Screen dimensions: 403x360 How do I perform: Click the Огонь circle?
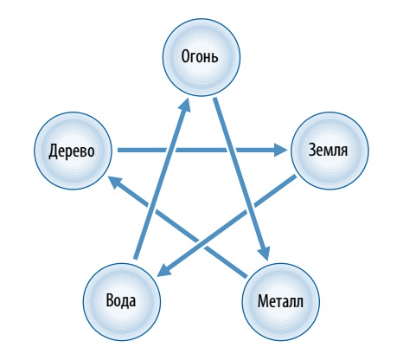(x=201, y=57)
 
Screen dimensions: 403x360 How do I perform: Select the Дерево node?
(x=74, y=151)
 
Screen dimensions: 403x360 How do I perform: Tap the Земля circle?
(x=329, y=151)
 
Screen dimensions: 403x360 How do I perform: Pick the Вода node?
(x=122, y=301)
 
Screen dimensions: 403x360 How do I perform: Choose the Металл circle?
(x=281, y=301)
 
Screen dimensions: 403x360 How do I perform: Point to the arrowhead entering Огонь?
(x=185, y=104)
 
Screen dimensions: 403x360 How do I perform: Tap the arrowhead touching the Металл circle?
(x=265, y=254)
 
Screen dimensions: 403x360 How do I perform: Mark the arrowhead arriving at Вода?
(x=163, y=270)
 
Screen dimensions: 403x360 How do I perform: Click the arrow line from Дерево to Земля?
(x=202, y=150)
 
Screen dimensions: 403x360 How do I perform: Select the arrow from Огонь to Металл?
(x=241, y=179)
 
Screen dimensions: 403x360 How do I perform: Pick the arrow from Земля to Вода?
(x=226, y=227)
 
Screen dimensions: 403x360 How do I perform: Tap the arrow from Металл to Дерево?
(x=177, y=227)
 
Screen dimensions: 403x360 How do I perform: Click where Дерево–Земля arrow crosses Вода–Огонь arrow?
(x=172, y=150)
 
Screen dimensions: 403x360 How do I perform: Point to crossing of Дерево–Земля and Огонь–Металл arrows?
(x=231, y=150)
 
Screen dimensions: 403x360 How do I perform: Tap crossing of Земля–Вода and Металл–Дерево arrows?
(x=201, y=244)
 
